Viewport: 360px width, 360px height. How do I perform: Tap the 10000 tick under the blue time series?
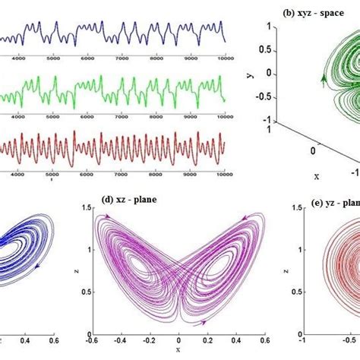tap(225, 56)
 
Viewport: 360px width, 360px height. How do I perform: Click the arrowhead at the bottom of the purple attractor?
tap(204, 322)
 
